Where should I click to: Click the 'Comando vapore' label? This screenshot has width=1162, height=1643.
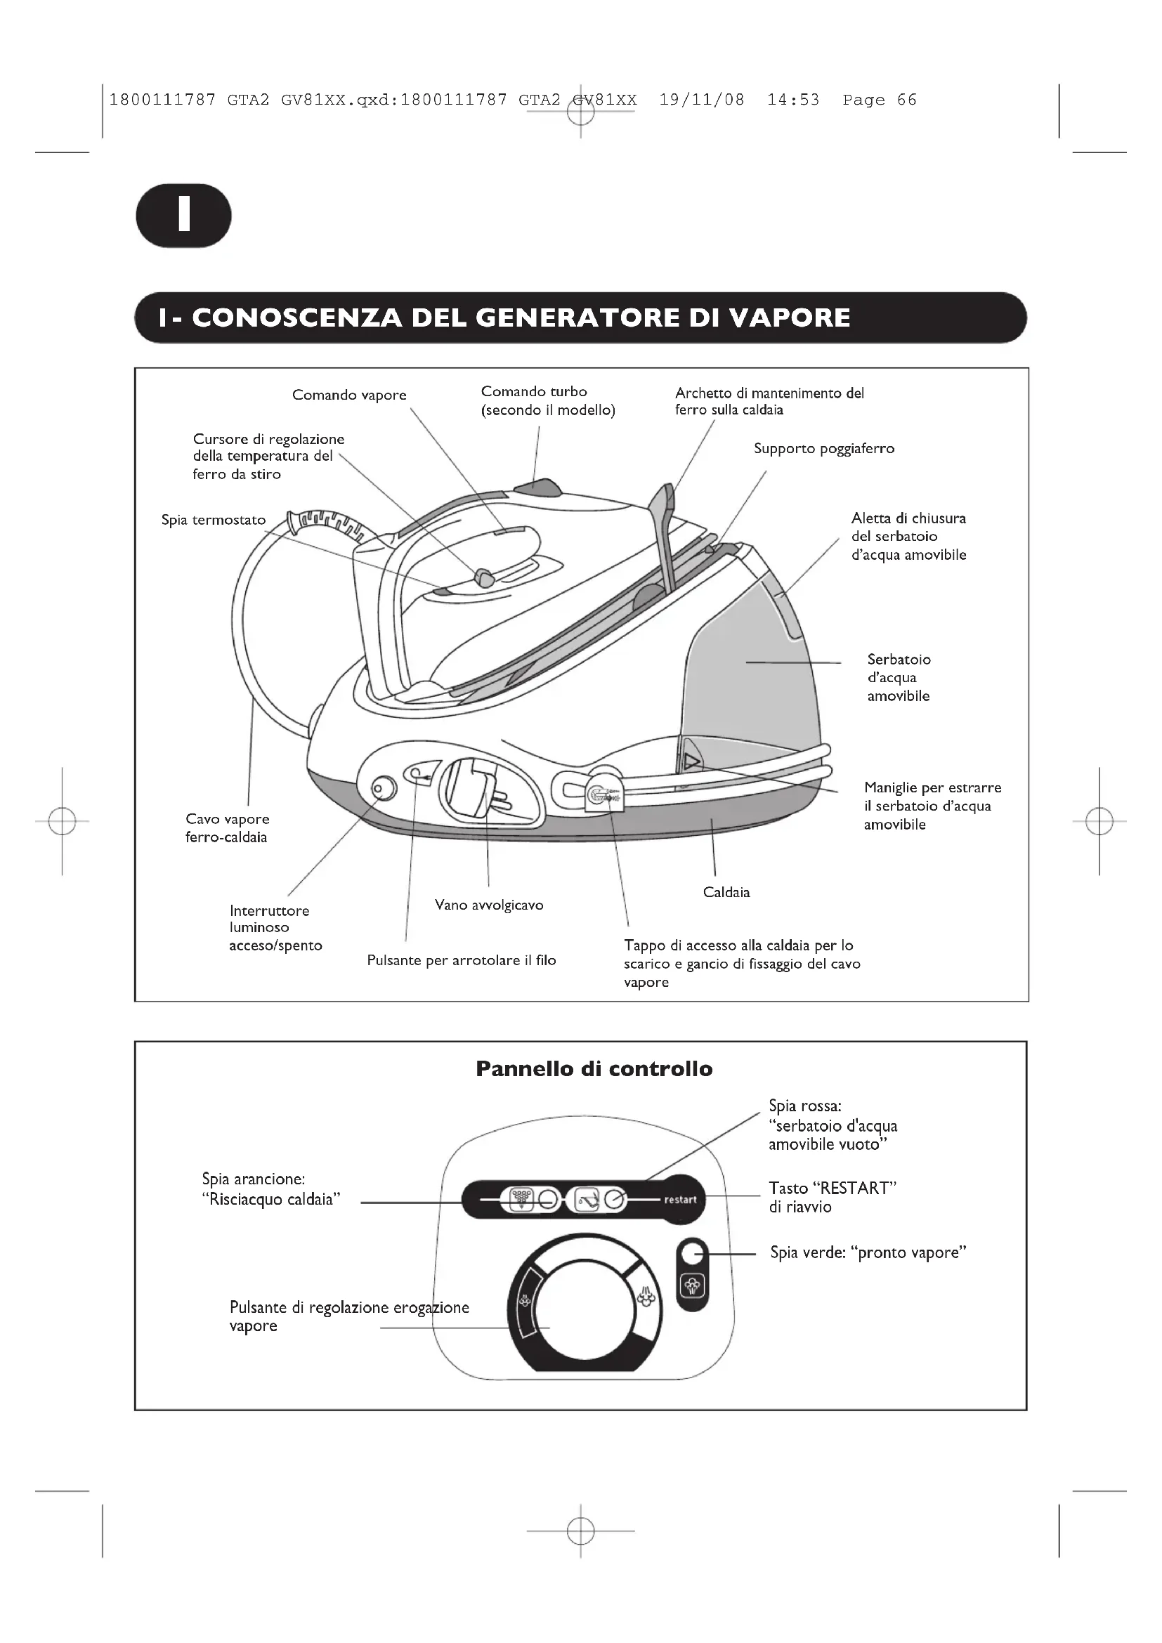pos(349,395)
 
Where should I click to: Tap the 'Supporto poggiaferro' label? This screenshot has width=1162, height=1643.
pos(823,449)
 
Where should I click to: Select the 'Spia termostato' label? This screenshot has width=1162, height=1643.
pos(214,521)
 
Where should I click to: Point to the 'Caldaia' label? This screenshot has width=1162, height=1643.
pos(726,892)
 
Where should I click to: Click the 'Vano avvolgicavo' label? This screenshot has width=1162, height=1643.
pos(489,905)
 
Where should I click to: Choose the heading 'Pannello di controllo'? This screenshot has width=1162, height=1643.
pos(594,1069)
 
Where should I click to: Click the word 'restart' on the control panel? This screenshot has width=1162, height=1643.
pos(680,1200)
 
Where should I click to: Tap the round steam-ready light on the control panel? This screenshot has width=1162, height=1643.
pos(692,1253)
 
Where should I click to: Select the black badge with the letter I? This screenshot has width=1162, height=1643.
pos(184,216)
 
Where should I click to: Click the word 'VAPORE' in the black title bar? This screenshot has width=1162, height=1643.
pos(789,318)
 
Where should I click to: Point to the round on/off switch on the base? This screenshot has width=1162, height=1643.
pos(384,789)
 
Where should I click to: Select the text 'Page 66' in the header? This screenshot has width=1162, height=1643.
pos(879,100)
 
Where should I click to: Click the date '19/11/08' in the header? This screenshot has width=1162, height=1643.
pos(701,100)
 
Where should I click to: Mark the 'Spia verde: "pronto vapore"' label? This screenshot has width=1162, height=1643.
pos(868,1253)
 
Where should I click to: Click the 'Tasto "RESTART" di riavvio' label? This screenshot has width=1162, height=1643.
pos(832,1197)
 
